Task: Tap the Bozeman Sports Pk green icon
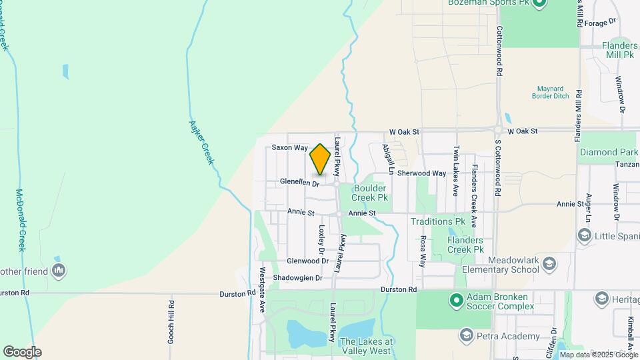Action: click(x=539, y=4)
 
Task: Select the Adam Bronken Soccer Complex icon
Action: click(x=456, y=300)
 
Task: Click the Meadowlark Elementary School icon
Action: click(x=549, y=263)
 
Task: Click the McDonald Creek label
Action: click(x=20, y=219)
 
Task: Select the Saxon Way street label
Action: click(x=289, y=147)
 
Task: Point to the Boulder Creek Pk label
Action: click(x=371, y=193)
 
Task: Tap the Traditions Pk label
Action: click(x=437, y=221)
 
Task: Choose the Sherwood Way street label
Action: click(x=421, y=173)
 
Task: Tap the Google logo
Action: click(x=22, y=351)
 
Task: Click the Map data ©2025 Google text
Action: click(x=597, y=355)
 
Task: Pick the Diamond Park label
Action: click(x=608, y=153)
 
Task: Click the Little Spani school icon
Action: click(x=585, y=235)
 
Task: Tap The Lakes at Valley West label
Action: click(x=366, y=346)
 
